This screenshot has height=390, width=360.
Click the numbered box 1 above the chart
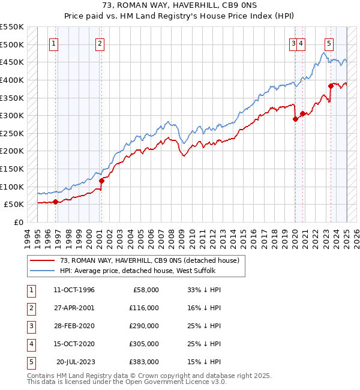pos(53,43)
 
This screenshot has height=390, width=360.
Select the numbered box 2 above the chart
pos(99,43)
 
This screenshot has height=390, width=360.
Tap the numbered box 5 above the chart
pos(329,43)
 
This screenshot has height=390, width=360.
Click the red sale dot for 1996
pos(55,202)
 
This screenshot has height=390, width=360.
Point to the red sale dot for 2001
pos(101,181)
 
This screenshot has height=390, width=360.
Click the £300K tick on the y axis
pos(12,115)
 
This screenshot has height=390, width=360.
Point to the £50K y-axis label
pos(14,205)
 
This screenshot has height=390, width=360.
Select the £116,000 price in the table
pos(143,308)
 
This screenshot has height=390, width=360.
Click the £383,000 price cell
pos(143,362)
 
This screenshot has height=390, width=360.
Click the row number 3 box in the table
pos(29,326)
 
